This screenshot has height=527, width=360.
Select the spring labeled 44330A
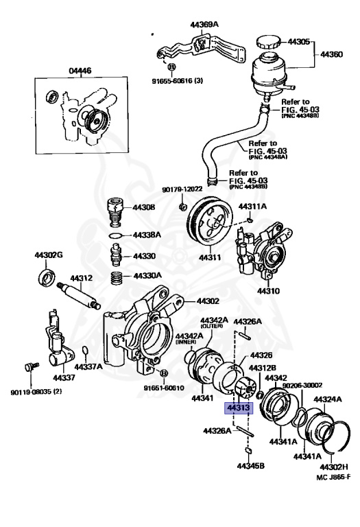pos(121,277)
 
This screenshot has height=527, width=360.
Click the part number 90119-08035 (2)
pos(36,393)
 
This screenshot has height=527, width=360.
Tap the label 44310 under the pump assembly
pos(269,290)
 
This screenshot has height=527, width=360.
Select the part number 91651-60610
pos(164,388)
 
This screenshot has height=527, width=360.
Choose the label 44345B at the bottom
pos(251,466)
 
